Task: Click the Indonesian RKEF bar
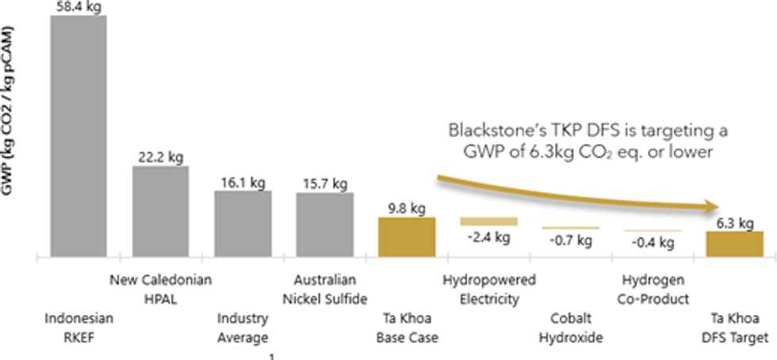pos(78,135)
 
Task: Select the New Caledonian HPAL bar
pos(160,211)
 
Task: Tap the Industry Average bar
pos(243,224)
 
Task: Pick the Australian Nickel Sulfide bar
pos(324,224)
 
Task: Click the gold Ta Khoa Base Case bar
pos(407,236)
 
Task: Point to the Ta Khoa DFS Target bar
pos(734,243)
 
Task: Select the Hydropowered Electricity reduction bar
pos(488,221)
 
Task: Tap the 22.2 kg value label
pos(160,155)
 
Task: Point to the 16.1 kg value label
pos(242,182)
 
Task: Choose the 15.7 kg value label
pos(324,183)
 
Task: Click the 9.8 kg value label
pos(407,208)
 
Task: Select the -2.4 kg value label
pos(488,237)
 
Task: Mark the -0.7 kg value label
pos(570,240)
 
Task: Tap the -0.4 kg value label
pos(652,242)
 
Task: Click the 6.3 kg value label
pos(733,223)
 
